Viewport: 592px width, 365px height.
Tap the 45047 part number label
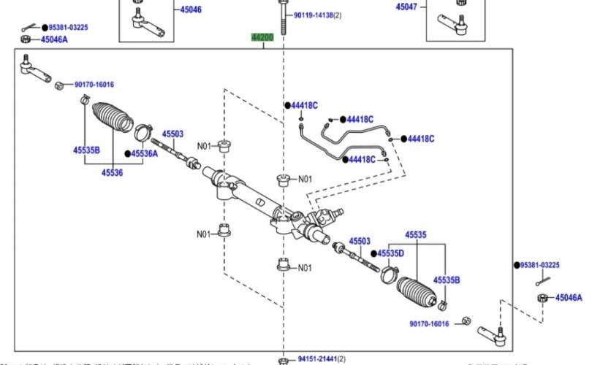coord(406,7)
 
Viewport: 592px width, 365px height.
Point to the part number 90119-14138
coord(317,15)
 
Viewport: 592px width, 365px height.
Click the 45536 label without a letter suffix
coord(112,172)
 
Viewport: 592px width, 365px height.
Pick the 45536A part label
coord(144,153)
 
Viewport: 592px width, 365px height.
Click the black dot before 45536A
coord(127,153)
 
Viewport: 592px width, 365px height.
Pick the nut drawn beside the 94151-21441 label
coord(283,360)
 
